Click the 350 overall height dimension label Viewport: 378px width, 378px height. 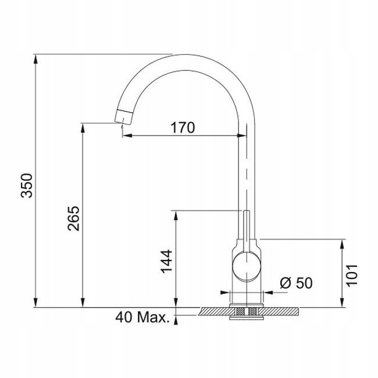27,186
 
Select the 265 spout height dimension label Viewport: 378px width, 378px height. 73,219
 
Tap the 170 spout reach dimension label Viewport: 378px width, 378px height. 183,127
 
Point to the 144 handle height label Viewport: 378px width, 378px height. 166,261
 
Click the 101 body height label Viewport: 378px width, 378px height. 352,276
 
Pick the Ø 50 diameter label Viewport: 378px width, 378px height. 296,283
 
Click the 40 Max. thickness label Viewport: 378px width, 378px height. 142,318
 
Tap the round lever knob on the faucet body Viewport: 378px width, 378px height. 247,266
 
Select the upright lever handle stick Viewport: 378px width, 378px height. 247,231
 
